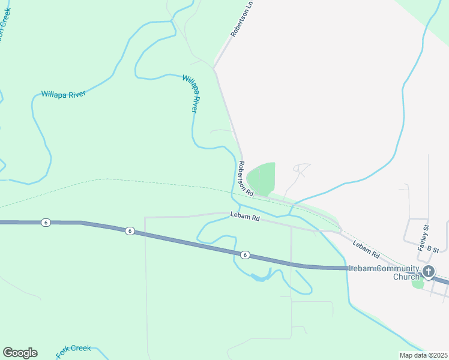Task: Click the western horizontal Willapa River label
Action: pos(64,94)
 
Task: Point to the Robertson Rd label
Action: pos(246,178)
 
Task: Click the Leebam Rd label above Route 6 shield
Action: pos(245,217)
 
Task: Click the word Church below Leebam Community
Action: pos(405,277)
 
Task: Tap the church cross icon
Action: pos(429,271)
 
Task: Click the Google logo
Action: pos(20,353)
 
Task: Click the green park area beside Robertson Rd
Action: pos(262,178)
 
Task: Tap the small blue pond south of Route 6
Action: pos(259,278)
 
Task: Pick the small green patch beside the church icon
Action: pos(418,284)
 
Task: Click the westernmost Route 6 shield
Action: pos(46,223)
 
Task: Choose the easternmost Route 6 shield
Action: pos(245,255)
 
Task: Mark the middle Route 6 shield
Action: pos(129,231)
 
